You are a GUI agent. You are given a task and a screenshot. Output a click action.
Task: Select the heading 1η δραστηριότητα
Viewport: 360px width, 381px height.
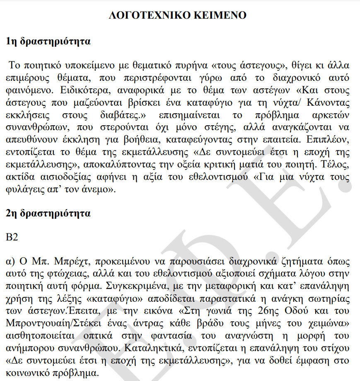click(48, 41)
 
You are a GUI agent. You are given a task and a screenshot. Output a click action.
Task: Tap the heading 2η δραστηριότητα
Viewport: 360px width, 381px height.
click(48, 214)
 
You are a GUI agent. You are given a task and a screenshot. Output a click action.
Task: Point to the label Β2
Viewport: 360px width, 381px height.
click(12, 237)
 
